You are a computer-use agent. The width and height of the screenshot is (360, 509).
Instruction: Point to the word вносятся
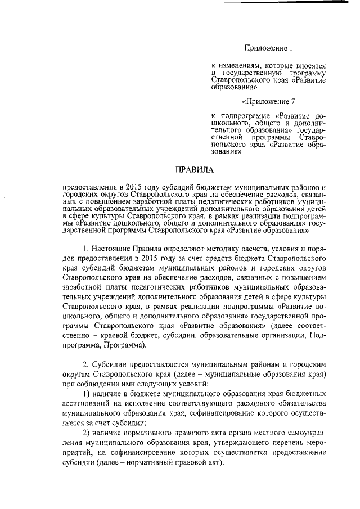(x=310, y=66)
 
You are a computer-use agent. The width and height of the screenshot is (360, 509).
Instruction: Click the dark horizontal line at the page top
(x=283, y=3)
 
